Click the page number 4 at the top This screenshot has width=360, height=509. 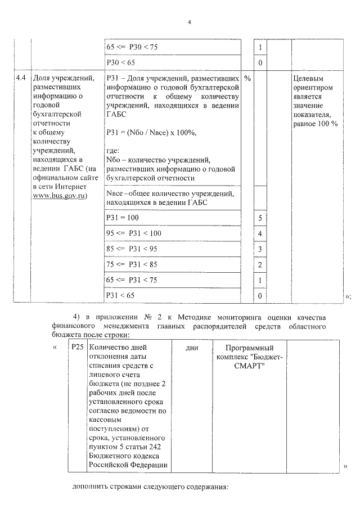pyautogui.click(x=190, y=22)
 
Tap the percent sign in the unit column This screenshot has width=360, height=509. pyautogui.click(x=247, y=78)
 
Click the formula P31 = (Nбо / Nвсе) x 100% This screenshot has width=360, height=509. pyautogui.click(x=151, y=133)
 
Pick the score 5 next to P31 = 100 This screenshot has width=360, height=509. pyautogui.click(x=260, y=218)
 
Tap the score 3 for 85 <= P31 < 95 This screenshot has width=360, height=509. pyautogui.click(x=260, y=249)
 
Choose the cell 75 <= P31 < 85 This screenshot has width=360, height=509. pyautogui.click(x=132, y=264)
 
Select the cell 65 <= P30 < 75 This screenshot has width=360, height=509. pyautogui.click(x=132, y=47)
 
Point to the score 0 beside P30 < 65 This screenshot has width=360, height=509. pyautogui.click(x=260, y=62)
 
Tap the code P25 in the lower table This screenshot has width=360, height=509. pyautogui.click(x=78, y=348)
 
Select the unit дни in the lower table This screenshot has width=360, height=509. pyautogui.click(x=191, y=348)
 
